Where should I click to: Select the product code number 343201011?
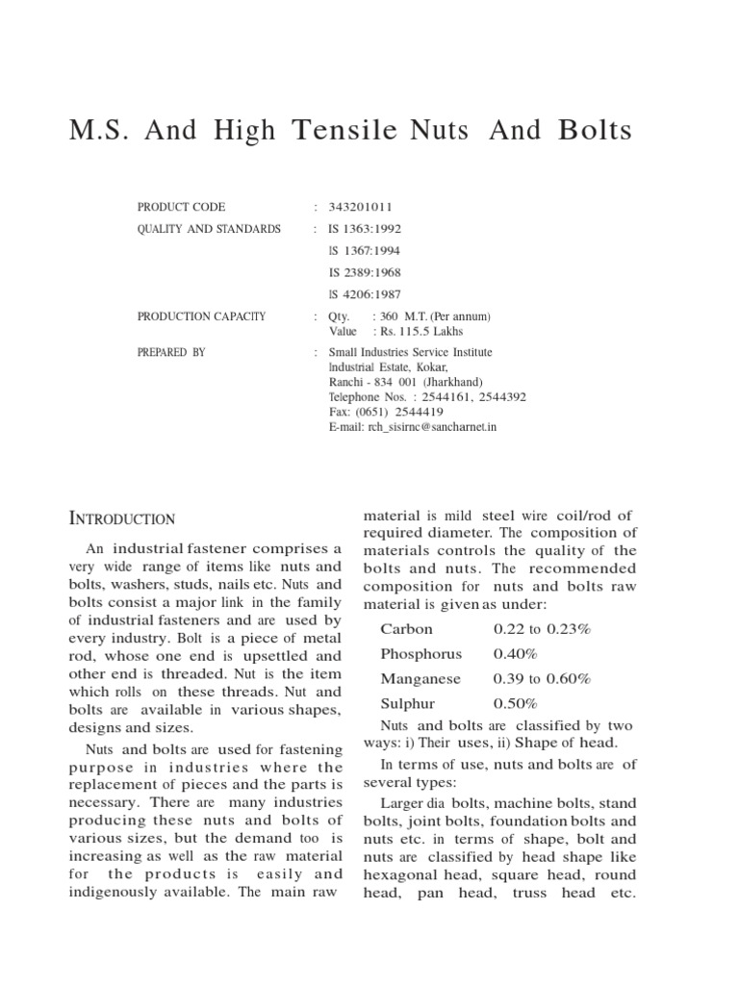click(x=361, y=207)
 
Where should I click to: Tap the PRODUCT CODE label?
click(x=181, y=207)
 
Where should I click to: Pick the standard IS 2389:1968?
click(x=365, y=273)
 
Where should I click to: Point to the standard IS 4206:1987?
click(x=365, y=295)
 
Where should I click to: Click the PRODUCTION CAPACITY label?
click(x=201, y=316)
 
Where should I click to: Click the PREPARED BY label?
click(x=171, y=352)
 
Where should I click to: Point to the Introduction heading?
click(x=122, y=518)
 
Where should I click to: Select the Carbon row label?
click(x=407, y=629)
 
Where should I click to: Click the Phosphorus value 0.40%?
click(x=516, y=654)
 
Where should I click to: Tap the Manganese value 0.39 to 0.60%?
click(x=542, y=678)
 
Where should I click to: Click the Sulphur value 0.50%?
click(x=516, y=703)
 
